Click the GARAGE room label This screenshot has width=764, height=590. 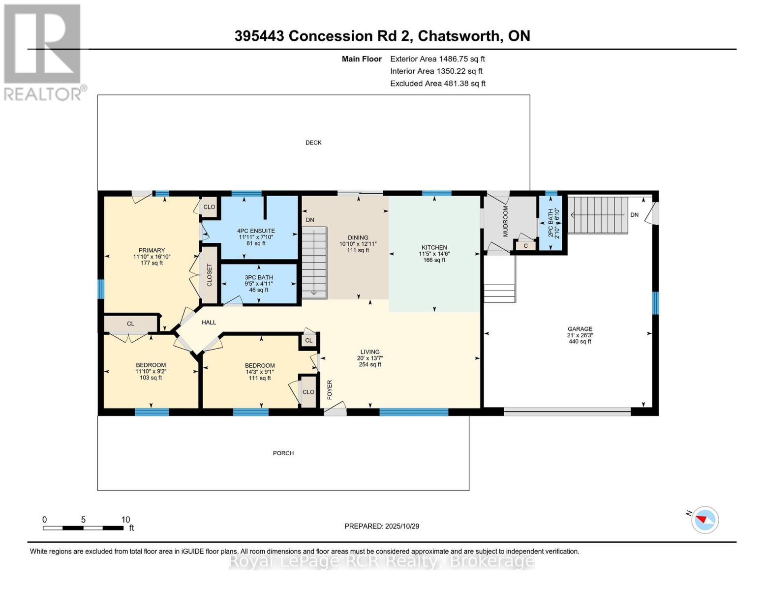pos(580,329)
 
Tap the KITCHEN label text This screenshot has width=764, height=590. pos(434,247)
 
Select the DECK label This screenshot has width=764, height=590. pos(313,143)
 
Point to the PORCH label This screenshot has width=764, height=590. pos(283,453)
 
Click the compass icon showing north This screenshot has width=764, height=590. pos(704,519)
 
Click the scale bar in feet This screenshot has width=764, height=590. pos(83,528)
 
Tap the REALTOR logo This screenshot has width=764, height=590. pos(43,52)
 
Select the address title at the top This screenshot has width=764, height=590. pos(382,36)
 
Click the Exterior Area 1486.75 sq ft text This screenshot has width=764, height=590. pos(437,59)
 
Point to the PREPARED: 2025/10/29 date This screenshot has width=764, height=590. pos(382,526)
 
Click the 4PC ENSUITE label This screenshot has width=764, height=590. pos(256,231)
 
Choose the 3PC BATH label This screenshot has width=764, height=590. pos(259,277)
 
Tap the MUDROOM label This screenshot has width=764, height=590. pos(505,221)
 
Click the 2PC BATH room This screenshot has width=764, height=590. pos(550,222)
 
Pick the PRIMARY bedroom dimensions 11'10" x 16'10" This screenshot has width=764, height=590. pos(152,257)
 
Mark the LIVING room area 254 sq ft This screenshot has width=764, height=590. pos(370,364)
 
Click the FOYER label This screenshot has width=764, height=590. pos(330,389)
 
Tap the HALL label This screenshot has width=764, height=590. pos(209,322)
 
